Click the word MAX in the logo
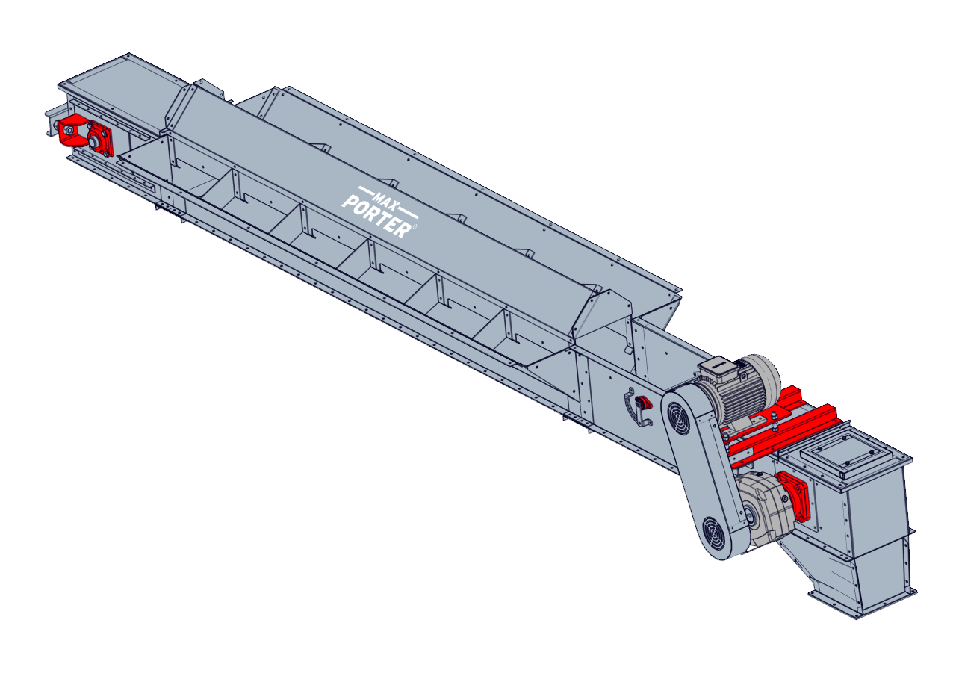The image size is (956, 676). tap(385, 199)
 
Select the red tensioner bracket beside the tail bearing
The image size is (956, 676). tap(73, 132)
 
